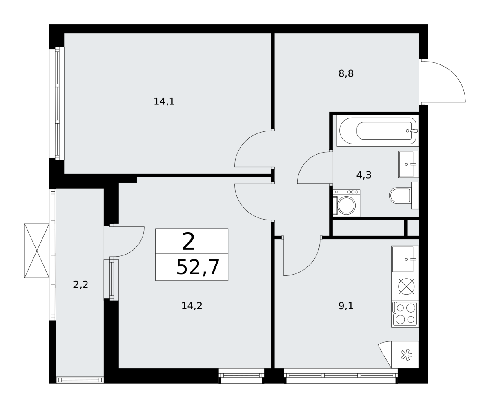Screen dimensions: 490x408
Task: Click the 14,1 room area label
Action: point(164,102)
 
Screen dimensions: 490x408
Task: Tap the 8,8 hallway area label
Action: point(346,73)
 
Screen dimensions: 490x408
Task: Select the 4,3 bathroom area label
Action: point(364,175)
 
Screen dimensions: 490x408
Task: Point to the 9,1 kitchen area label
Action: point(346,306)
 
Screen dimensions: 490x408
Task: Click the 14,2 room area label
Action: point(192,306)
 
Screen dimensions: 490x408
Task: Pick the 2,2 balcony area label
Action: point(80,285)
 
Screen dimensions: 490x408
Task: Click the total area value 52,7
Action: point(198,267)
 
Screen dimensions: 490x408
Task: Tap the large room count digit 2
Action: point(188,241)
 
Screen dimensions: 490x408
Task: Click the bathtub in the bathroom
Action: point(378,131)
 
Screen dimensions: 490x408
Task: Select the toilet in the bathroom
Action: point(404,195)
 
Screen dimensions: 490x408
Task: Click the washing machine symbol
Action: point(346,203)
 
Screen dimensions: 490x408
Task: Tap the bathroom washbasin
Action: point(408,164)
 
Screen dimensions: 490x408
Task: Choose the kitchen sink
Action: point(405,259)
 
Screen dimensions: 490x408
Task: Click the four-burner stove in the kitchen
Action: point(405,314)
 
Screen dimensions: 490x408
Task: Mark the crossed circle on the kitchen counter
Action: point(406,286)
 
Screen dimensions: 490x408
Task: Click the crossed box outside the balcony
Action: point(37,251)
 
